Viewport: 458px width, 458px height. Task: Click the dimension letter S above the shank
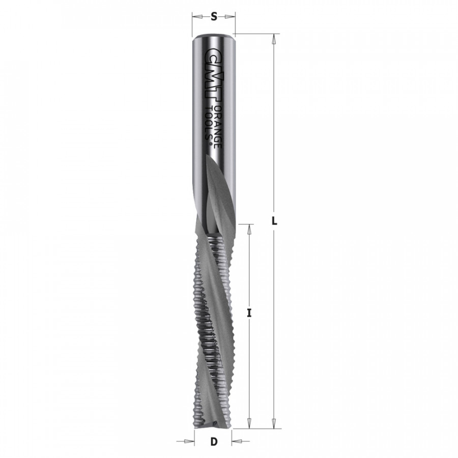[214, 17]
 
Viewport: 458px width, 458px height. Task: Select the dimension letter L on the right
[274, 221]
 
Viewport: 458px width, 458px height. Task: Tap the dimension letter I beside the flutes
[249, 313]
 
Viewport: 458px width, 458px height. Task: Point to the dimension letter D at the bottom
[214, 441]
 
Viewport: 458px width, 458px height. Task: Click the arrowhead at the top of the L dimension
[274, 39]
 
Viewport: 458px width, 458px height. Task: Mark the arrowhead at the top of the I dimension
[249, 230]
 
